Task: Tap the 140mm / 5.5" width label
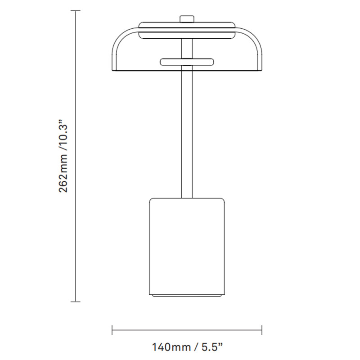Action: (x=187, y=347)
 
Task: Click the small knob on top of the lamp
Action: (x=186, y=19)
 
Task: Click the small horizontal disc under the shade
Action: (x=186, y=61)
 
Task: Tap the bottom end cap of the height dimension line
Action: (x=76, y=301)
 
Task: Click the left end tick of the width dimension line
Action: (x=112, y=331)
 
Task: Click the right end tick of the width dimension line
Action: (x=262, y=331)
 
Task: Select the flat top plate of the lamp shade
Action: (x=186, y=24)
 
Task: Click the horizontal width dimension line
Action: (x=187, y=331)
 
